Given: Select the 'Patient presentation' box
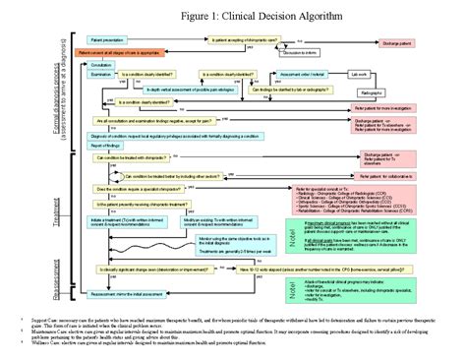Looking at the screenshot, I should pos(111,40).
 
